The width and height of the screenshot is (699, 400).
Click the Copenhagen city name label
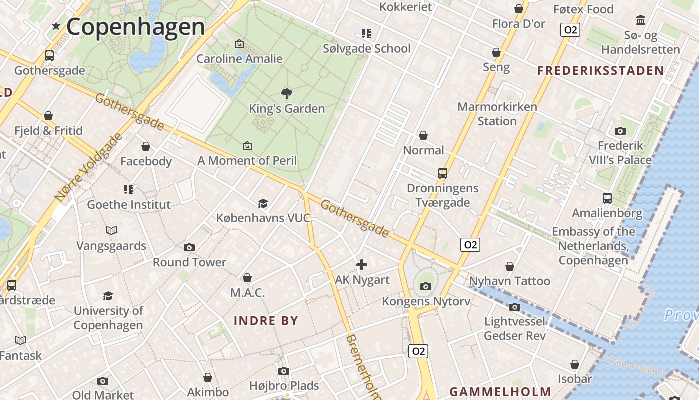click(135, 27)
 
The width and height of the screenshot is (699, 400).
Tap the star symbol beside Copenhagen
click(56, 26)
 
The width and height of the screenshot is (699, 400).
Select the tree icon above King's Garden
click(286, 93)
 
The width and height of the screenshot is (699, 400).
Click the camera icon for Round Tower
click(189, 247)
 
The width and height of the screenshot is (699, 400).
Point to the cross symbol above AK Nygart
click(362, 265)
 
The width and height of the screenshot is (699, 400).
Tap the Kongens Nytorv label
click(426, 301)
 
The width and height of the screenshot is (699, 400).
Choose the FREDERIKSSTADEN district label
click(600, 70)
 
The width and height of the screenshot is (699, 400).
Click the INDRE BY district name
click(266, 321)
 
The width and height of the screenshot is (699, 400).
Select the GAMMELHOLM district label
click(500, 392)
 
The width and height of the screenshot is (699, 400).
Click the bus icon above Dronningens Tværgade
click(442, 173)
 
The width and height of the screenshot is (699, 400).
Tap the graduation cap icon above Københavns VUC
click(263, 203)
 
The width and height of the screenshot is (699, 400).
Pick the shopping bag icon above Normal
click(423, 135)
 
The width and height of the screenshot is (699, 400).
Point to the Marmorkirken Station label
click(497, 114)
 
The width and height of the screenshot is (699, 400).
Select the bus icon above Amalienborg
click(607, 198)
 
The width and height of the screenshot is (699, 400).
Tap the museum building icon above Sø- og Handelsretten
click(640, 20)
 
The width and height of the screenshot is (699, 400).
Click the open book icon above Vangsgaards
click(111, 230)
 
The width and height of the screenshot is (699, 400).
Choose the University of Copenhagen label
click(108, 318)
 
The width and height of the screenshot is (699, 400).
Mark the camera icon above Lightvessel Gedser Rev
click(515, 307)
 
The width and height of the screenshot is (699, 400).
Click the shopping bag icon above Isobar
click(575, 364)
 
